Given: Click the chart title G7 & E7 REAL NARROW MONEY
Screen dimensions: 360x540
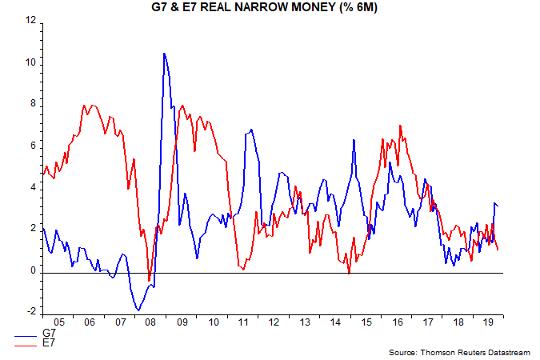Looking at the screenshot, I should pos(270,7).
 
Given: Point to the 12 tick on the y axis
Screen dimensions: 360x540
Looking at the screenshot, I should pos(30,21).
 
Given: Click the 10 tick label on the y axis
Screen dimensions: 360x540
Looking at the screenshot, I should pos(30,62).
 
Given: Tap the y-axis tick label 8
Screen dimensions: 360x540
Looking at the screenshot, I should pos(32,104).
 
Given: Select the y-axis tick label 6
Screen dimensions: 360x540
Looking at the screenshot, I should pos(32,146).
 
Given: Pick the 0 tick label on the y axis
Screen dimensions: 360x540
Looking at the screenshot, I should pos(32,271).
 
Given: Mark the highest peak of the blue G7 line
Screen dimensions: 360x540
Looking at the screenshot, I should pos(164,54).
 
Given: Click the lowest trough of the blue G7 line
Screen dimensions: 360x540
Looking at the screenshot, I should pos(138,310).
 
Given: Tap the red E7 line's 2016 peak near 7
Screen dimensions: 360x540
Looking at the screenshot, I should pos(400,126).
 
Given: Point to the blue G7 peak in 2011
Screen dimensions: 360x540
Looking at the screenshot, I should pos(251,129).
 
